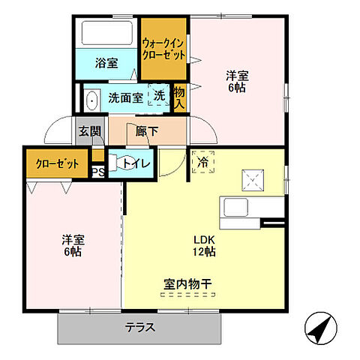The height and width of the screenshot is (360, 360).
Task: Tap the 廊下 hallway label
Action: (x=146, y=131)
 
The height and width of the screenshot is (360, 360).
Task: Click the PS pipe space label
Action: (x=97, y=172)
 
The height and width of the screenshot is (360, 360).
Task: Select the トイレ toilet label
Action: (x=136, y=163)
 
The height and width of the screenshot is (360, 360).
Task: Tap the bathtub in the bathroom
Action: (x=107, y=34)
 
